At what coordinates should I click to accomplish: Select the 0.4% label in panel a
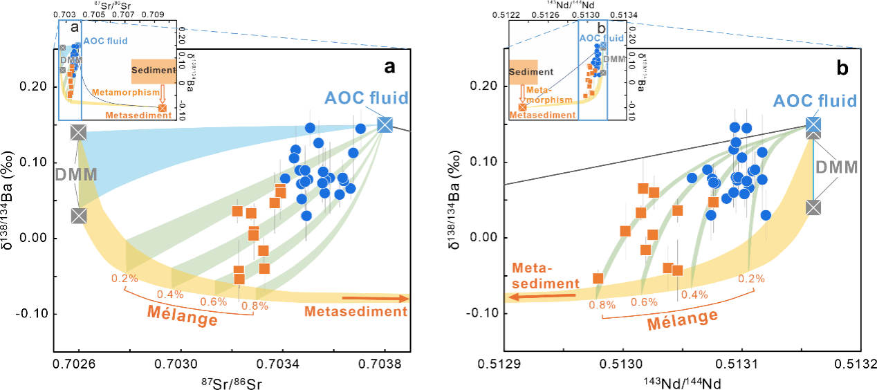point(169,294)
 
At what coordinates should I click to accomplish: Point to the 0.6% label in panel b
point(644,301)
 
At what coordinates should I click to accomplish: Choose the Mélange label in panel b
point(682,319)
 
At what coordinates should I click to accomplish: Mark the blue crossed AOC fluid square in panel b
point(813,124)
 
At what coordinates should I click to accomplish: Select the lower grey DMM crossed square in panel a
point(78,216)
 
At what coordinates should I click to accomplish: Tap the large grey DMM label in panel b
point(837,167)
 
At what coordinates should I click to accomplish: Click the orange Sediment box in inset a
point(153,71)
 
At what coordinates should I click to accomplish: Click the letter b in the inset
point(601,29)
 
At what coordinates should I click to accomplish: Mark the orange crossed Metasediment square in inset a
point(163,108)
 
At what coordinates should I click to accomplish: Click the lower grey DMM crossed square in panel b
point(813,207)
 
